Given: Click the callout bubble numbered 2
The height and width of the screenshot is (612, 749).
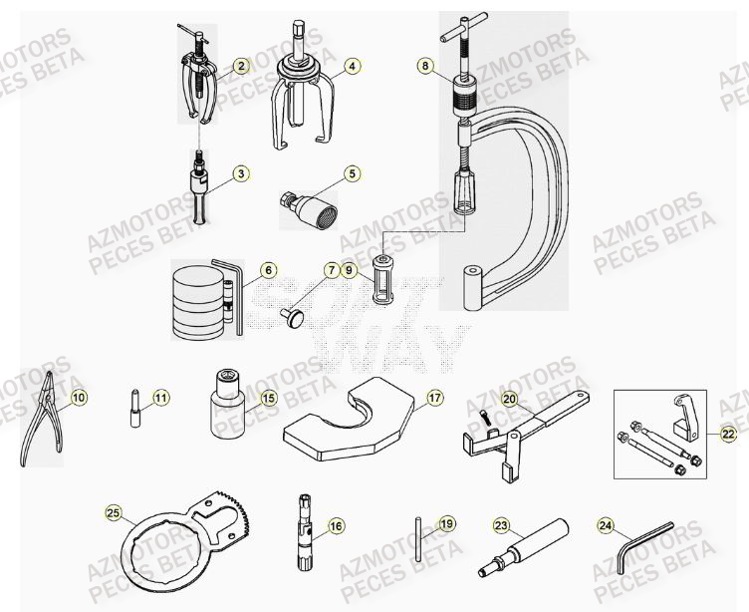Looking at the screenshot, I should click(240, 67).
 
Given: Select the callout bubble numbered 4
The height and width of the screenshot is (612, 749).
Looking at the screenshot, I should click(353, 67).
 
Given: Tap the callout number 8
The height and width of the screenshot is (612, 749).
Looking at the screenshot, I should click(425, 66).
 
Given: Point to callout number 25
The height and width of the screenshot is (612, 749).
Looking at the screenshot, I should click(113, 513).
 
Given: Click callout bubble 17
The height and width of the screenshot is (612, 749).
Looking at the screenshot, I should click(434, 398).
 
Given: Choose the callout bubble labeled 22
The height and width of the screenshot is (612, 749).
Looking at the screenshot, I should click(728, 433).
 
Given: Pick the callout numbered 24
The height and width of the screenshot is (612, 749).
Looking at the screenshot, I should click(607, 524).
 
